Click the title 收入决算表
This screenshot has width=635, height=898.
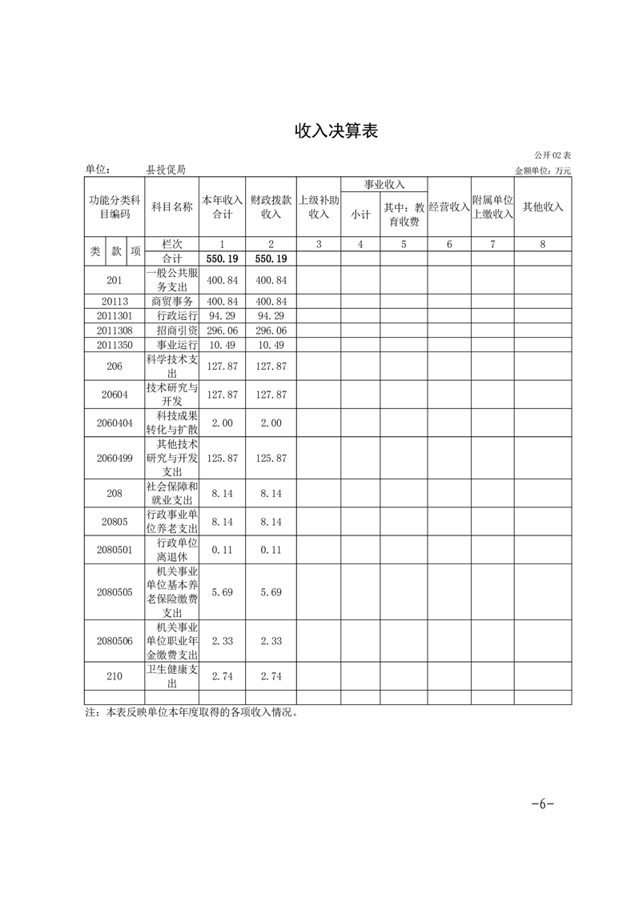click(336, 131)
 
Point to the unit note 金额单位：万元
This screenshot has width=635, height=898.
click(543, 170)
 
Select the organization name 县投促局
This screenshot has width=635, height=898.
click(166, 170)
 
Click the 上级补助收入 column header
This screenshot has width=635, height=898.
click(319, 206)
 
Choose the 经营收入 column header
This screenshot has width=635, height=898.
click(448, 206)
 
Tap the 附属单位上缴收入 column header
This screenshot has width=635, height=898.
click(492, 206)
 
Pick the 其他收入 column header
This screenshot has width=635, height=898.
click(543, 206)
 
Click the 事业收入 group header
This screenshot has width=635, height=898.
click(384, 185)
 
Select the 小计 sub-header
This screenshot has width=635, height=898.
click(360, 214)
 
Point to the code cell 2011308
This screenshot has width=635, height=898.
click(115, 331)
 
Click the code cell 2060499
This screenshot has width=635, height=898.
click(115, 458)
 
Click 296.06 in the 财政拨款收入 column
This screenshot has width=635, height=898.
click(271, 331)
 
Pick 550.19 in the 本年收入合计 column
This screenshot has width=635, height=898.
click(222, 259)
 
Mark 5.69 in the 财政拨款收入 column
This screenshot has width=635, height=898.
click(271, 592)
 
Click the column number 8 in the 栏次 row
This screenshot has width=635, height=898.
click(543, 244)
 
